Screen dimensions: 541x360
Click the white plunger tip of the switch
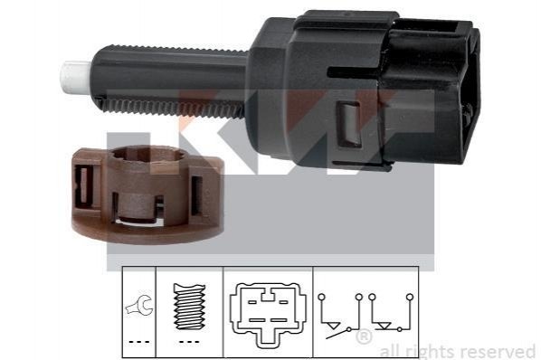pos(77,78)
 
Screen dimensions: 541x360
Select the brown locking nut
pos(147,194)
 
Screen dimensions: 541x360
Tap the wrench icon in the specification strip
pos(139,305)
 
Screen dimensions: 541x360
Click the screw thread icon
pos(189,307)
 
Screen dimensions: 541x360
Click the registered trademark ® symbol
pos(364,336)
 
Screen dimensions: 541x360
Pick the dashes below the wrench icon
pos(139,342)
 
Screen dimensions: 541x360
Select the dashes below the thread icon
pos(189,342)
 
